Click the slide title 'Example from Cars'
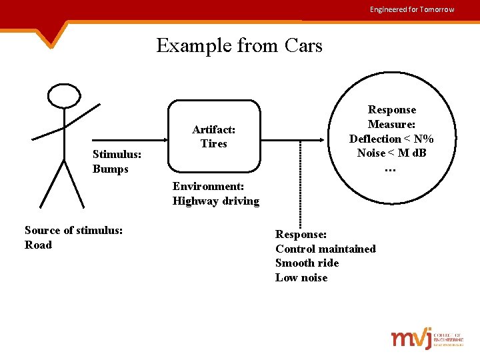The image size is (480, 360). (x=239, y=45)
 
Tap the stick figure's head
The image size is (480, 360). (x=65, y=96)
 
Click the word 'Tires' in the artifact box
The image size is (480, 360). (x=213, y=143)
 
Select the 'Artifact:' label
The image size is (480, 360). (x=213, y=129)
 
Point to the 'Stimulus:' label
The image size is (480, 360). (x=117, y=154)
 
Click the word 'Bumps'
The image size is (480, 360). (x=111, y=169)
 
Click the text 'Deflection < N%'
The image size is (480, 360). (x=391, y=139)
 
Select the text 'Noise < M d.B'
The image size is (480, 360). (x=391, y=153)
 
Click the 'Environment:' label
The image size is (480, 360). (x=208, y=186)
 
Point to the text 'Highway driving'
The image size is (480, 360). (x=215, y=201)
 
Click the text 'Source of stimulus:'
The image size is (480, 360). (x=73, y=230)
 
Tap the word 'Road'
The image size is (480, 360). (x=38, y=245)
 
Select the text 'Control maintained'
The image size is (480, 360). (x=325, y=249)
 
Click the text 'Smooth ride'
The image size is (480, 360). (x=307, y=263)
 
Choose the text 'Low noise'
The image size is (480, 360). (x=301, y=277)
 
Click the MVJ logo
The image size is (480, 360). (x=427, y=339)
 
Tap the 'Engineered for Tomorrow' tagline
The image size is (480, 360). (x=412, y=9)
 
